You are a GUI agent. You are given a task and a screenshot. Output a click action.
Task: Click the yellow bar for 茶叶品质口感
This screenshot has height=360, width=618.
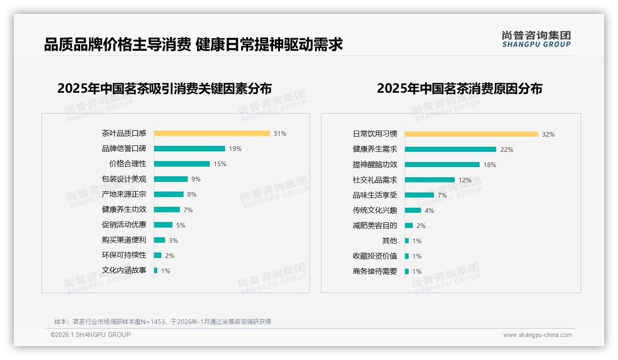212,133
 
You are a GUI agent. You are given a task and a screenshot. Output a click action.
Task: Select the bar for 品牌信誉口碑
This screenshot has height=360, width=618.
190,149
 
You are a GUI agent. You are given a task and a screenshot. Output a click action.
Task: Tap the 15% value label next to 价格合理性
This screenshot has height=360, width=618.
220,164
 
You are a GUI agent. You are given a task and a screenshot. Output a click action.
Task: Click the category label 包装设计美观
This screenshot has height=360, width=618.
124,179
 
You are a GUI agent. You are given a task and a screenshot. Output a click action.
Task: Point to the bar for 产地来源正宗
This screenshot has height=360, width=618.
169,194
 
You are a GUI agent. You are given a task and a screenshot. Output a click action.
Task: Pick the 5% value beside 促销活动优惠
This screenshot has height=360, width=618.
181,225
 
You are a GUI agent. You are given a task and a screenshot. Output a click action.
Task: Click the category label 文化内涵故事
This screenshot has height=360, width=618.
124,270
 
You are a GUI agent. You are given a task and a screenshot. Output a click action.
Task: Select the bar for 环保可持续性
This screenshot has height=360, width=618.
158,255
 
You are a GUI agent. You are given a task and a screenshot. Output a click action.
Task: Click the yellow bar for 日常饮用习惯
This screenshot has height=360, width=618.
471,134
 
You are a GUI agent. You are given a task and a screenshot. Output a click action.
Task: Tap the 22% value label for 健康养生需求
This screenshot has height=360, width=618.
507,150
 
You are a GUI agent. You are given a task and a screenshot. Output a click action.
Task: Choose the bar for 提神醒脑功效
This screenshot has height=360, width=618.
442,164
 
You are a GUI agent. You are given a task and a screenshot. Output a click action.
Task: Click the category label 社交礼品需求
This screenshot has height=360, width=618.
375,180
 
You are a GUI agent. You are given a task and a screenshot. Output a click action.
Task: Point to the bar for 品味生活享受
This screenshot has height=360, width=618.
419,195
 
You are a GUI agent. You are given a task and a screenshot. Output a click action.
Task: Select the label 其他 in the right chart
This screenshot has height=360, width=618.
390,240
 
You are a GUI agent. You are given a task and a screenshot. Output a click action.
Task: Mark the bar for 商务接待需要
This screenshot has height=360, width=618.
407,271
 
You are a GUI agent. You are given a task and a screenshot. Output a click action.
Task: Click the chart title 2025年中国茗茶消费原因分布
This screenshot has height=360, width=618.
459,88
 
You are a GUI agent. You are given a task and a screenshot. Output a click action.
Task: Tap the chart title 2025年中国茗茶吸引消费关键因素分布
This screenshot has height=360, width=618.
165,88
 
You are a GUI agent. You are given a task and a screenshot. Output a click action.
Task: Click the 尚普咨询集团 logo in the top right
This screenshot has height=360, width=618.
536,39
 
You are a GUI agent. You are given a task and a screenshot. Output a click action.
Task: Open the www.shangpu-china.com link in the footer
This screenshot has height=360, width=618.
537,335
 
